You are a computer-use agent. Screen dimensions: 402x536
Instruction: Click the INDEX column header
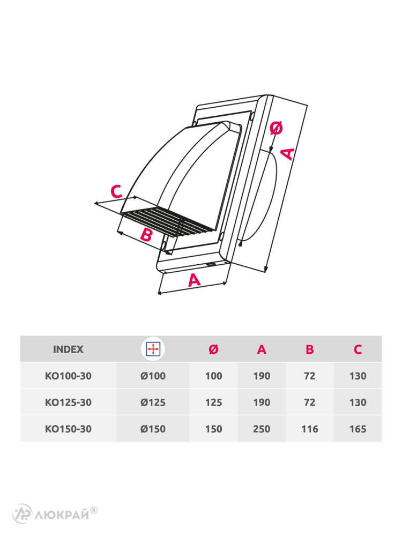(x=68, y=349)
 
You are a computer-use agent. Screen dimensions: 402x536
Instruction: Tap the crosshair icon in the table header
(x=153, y=349)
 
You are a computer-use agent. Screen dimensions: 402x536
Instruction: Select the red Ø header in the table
(x=214, y=349)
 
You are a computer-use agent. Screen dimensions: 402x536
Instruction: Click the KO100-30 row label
(x=68, y=376)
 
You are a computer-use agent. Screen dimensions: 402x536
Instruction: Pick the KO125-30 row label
(x=68, y=403)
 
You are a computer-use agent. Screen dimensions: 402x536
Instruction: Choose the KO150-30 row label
(x=68, y=429)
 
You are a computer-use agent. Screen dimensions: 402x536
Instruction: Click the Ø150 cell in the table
(x=153, y=429)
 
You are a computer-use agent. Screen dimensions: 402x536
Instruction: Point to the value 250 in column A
(x=262, y=429)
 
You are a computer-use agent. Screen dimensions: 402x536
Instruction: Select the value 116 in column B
(x=310, y=429)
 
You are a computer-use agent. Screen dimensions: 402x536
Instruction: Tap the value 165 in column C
(x=358, y=429)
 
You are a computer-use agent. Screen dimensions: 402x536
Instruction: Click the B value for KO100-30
(x=310, y=376)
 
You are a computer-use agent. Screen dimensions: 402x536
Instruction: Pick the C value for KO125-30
(x=358, y=403)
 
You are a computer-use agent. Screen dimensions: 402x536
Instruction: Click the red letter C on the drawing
(x=116, y=191)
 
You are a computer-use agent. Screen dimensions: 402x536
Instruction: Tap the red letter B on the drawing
(x=146, y=235)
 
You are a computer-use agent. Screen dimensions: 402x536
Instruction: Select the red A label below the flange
(x=194, y=280)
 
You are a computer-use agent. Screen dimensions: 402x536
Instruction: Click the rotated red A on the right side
(x=288, y=154)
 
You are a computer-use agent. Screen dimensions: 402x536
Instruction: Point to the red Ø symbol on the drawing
(x=276, y=128)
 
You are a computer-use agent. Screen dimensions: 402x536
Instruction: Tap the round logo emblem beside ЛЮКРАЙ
(x=22, y=514)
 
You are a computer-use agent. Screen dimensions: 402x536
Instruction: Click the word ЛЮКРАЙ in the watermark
(x=62, y=515)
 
